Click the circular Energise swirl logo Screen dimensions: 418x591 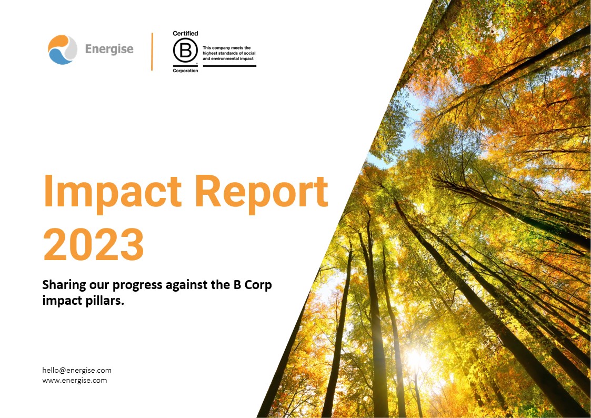pos(63,49)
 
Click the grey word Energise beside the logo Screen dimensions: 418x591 pos(109,49)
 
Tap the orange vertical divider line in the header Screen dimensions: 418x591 pos(152,52)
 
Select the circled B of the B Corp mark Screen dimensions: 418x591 pos(185,51)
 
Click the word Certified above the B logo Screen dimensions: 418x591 pos(185,34)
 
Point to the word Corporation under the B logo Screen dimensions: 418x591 pos(185,71)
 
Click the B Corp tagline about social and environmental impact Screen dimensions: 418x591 pos(228,53)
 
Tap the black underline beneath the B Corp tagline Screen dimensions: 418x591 pos(229,66)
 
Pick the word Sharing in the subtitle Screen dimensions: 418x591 pos(62,286)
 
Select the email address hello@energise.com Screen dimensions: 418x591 pos(77,370)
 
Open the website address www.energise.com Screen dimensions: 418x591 pos(75,380)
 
